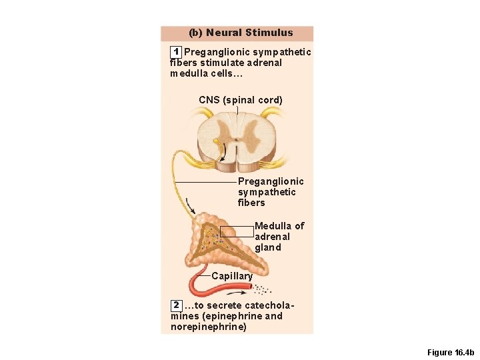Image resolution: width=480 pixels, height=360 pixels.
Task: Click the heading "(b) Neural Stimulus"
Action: (241, 33)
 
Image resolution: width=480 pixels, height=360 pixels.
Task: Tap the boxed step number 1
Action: (175, 52)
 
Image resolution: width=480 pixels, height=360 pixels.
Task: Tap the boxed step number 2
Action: (176, 305)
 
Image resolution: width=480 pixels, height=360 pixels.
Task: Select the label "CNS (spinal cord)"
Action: (241, 100)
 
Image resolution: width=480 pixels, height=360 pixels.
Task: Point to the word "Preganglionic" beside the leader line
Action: (271, 181)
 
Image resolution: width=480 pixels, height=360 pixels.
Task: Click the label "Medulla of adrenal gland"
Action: (279, 237)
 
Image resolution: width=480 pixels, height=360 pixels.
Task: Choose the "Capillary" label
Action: (232, 276)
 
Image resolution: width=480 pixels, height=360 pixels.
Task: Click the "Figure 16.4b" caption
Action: (450, 352)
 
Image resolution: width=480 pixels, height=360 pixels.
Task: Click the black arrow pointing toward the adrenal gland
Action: (191, 206)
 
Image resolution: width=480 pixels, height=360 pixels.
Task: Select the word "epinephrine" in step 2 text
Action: (231, 316)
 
